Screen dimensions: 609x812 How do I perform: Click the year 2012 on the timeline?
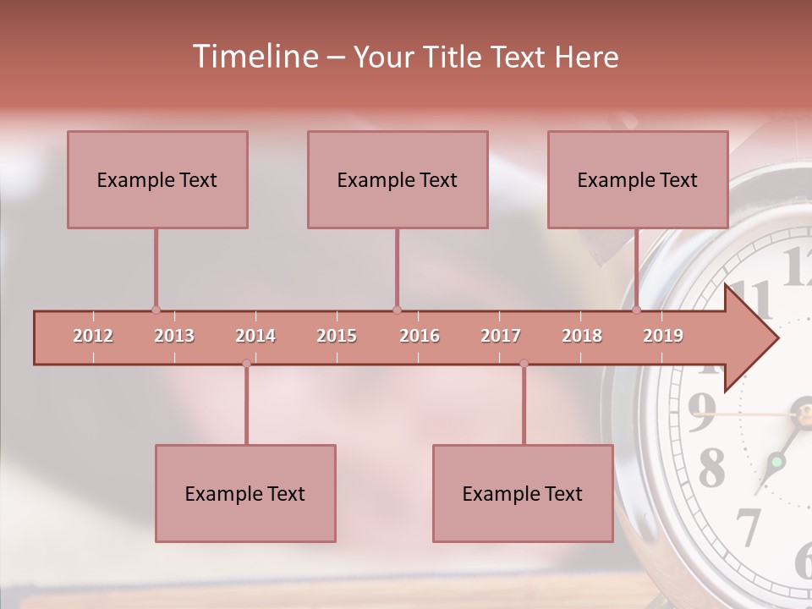coord(93,336)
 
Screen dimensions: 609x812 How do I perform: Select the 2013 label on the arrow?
coord(174,336)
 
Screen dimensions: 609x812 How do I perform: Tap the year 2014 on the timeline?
coord(255,336)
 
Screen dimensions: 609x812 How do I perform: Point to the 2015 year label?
coord(337,336)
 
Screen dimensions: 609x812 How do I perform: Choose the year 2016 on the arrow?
coord(420,336)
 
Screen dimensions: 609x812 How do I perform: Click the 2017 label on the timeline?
coord(501,336)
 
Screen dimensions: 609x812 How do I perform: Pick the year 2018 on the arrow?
coord(582,336)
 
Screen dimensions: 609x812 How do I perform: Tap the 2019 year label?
coord(663,336)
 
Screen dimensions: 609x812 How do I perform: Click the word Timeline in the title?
coord(254,57)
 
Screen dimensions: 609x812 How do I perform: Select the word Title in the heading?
coord(452,57)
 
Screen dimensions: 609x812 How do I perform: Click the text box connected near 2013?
coord(157,179)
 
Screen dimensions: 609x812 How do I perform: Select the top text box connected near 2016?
coord(398,179)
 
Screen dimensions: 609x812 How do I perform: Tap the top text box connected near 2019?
coord(638,179)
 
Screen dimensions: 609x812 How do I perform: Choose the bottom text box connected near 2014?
coord(245,493)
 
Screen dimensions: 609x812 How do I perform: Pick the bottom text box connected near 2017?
coord(523,493)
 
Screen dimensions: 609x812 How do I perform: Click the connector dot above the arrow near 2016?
coord(397,310)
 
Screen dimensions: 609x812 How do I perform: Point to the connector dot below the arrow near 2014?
coord(246,364)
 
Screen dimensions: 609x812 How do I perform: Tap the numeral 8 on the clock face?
coord(711,466)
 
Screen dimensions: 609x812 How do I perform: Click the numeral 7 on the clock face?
coord(748,526)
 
